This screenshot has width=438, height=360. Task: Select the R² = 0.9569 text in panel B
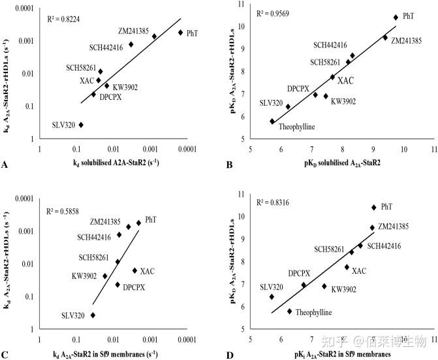pos(274,13)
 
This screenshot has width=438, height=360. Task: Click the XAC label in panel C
pos(148,270)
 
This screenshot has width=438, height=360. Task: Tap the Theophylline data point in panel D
pos(289,311)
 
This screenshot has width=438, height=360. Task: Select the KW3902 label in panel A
pos(125,87)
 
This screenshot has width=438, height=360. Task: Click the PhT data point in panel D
pos(373,207)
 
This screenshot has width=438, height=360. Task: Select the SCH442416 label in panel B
pos(330,45)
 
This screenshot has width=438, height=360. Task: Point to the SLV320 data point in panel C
pos(93,315)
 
